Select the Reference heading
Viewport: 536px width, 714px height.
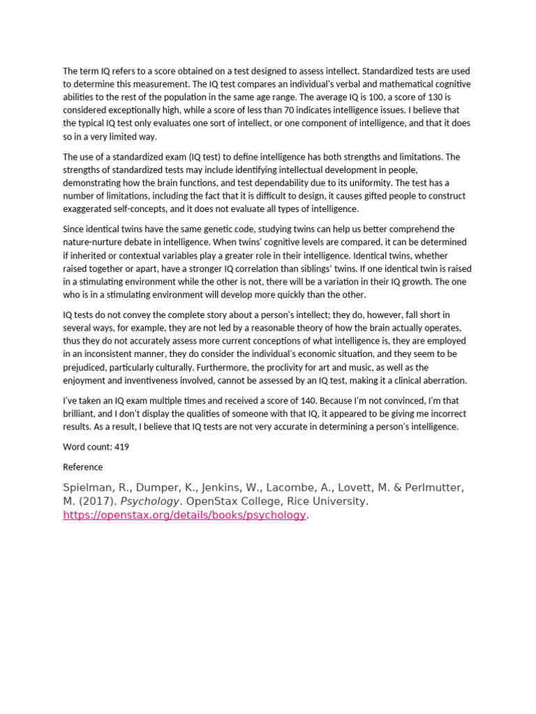pos(82,467)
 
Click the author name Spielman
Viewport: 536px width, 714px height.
pos(87,487)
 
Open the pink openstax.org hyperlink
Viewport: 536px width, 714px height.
pos(184,515)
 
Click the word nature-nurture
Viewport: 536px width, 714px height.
pos(96,242)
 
